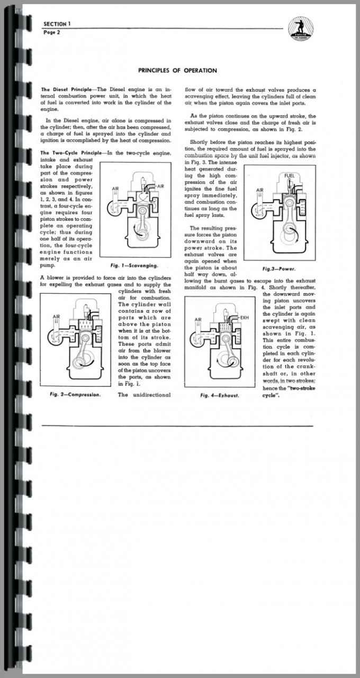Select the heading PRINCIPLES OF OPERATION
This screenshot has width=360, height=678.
pos(177,70)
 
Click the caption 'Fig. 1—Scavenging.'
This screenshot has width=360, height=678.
pos(133,265)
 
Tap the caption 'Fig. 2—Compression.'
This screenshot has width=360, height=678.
pos(75,395)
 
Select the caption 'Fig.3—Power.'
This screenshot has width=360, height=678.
pos(278,269)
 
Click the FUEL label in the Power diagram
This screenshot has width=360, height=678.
pos(290,175)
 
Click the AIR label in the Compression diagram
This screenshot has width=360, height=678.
pos(57,317)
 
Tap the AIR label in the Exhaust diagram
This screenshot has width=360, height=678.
pos(198,319)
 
